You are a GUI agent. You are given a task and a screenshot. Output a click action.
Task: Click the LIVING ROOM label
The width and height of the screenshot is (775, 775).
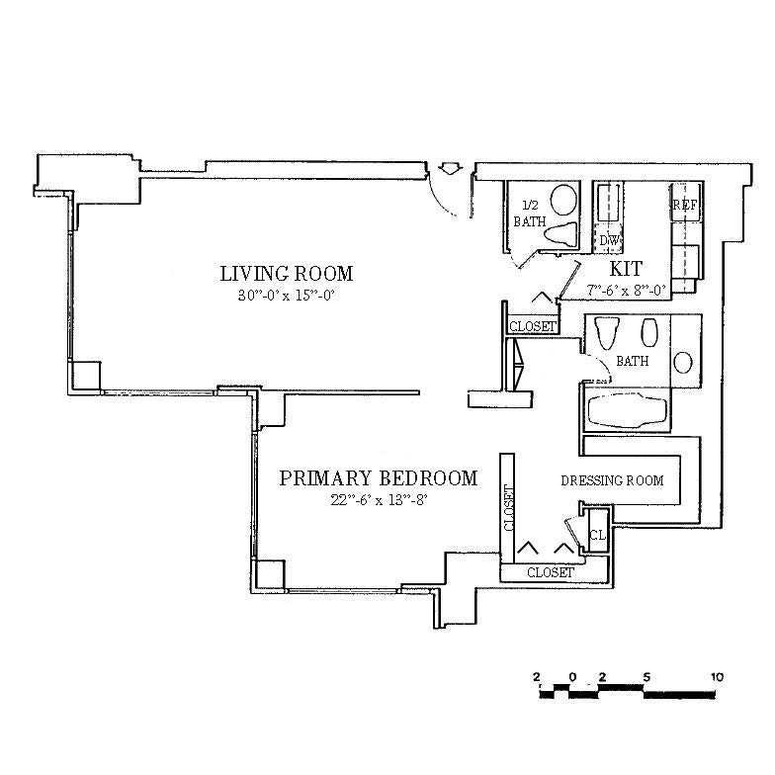(x=286, y=274)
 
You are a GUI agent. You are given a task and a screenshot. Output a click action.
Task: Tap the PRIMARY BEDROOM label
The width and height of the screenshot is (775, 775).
(x=378, y=479)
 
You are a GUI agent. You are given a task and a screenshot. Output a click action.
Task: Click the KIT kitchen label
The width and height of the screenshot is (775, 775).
(x=627, y=269)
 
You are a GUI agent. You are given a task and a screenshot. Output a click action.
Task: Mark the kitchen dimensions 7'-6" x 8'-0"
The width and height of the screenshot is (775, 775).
(x=627, y=290)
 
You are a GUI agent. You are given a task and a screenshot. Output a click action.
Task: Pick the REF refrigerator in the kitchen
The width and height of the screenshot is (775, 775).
(x=685, y=206)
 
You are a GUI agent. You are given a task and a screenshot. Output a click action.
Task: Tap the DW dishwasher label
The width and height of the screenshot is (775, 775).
(x=609, y=241)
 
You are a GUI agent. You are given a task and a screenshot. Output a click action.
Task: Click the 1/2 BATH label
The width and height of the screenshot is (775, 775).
(x=529, y=214)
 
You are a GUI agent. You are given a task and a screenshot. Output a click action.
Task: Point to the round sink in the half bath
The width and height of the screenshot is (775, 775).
(x=563, y=200)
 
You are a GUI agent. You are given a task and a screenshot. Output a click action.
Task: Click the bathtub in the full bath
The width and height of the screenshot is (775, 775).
(x=628, y=409)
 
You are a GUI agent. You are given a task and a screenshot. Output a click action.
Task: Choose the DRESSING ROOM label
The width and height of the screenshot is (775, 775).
(x=612, y=480)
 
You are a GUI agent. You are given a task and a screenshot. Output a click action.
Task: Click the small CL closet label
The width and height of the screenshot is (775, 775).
(x=596, y=536)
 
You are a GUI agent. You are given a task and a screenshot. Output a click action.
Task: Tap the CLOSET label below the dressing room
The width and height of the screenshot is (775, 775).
(x=550, y=572)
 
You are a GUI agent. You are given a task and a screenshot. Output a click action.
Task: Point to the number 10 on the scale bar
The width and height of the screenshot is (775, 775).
(x=717, y=677)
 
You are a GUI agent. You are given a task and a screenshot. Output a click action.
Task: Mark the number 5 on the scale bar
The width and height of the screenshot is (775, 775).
(x=646, y=677)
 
